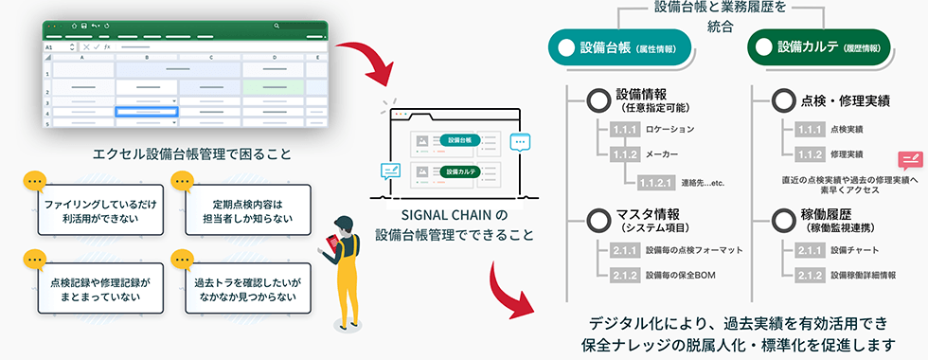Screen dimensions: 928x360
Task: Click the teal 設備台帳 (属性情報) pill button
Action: pyautogui.click(x=621, y=46)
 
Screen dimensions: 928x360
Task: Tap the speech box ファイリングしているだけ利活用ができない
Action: pyautogui.click(x=99, y=210)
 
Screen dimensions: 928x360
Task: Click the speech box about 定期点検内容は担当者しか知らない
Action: pyautogui.click(x=248, y=210)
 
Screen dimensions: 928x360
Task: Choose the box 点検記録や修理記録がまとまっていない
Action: pyautogui.click(x=99, y=288)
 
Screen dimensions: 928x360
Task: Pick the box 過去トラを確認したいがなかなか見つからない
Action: pyautogui.click(x=248, y=288)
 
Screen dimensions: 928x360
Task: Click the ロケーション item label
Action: pyautogui.click(x=670, y=129)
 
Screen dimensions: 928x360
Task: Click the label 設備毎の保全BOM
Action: pyautogui.click(x=676, y=275)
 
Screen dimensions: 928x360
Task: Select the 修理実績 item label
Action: pyautogui.click(x=847, y=153)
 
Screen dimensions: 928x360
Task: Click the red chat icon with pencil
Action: pyautogui.click(x=910, y=161)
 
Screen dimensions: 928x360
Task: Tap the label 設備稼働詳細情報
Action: pyautogui.click(x=863, y=275)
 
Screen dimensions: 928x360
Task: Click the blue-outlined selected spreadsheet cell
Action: pyautogui.click(x=147, y=112)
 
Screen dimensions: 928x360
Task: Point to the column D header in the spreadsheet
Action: pyautogui.click(x=274, y=58)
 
